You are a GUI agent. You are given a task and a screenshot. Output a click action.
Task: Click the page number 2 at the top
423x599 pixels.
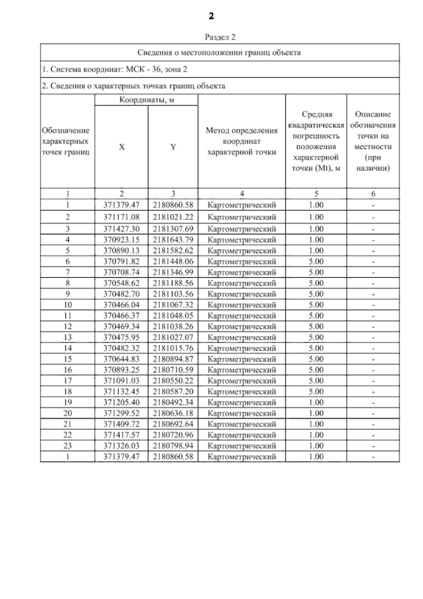211,16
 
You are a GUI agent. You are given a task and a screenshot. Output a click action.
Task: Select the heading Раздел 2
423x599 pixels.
220,37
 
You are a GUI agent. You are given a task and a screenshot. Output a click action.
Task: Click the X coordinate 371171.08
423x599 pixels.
121,217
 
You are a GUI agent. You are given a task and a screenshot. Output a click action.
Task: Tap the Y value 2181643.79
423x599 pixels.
173,240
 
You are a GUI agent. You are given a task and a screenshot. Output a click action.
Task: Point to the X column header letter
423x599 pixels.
121,147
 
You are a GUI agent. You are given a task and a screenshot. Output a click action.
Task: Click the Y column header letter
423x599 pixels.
173,147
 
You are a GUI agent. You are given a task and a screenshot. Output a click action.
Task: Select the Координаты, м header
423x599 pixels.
147,100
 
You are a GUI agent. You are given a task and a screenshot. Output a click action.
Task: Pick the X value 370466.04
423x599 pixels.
121,305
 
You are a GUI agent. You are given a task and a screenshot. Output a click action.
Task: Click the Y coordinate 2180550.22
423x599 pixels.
173,381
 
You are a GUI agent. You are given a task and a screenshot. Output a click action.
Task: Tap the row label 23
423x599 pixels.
67,446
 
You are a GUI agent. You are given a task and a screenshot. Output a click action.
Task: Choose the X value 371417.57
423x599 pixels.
121,435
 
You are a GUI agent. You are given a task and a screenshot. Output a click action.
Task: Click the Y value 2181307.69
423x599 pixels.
173,229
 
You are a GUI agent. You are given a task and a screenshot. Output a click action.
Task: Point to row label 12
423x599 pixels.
67,327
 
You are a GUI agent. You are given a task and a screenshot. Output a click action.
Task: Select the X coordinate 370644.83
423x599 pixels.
121,359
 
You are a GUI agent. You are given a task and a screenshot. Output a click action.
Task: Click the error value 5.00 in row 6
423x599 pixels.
316,261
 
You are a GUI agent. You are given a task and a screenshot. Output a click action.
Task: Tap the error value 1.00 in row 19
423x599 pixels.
316,402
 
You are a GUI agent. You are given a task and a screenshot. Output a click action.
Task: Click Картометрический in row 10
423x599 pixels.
242,305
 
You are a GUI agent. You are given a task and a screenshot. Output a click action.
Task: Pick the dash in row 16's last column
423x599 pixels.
373,370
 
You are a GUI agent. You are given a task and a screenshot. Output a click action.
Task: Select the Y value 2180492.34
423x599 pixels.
173,402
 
